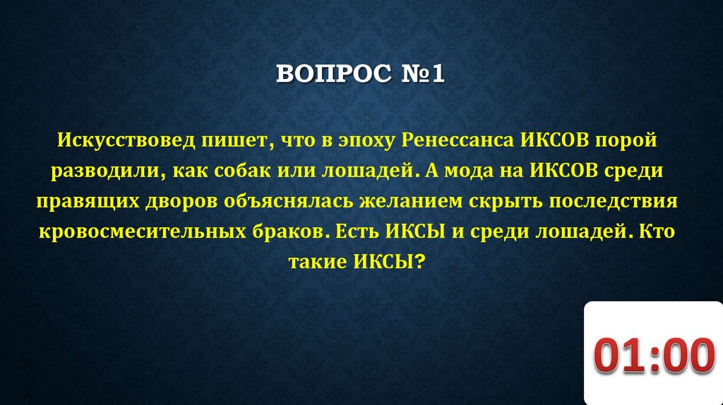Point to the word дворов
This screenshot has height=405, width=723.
[179, 202]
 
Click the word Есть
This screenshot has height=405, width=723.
[359, 232]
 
